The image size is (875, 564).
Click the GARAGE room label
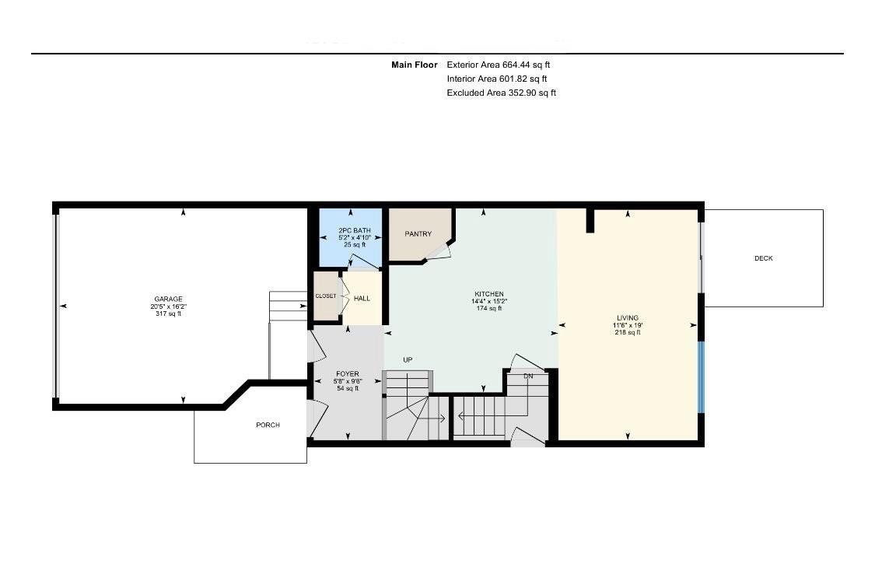(168, 299)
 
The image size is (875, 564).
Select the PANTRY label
(418, 233)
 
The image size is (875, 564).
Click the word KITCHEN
(489, 293)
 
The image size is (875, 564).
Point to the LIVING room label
(627, 317)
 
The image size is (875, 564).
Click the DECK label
(763, 258)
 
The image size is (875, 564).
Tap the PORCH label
(268, 425)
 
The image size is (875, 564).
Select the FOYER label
(347, 374)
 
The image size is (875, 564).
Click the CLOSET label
(326, 296)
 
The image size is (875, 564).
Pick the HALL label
(362, 298)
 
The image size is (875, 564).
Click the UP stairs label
(407, 359)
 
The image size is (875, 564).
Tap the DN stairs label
(528, 376)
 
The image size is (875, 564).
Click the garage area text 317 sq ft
(168, 314)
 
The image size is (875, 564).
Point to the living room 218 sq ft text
(627, 332)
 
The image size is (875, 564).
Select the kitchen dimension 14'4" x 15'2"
(489, 301)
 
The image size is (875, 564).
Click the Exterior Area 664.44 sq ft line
(499, 65)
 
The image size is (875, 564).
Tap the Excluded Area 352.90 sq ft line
(501, 93)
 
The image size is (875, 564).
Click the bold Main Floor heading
(414, 65)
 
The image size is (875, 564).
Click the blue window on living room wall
(701, 377)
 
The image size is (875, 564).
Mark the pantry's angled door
(440, 250)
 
